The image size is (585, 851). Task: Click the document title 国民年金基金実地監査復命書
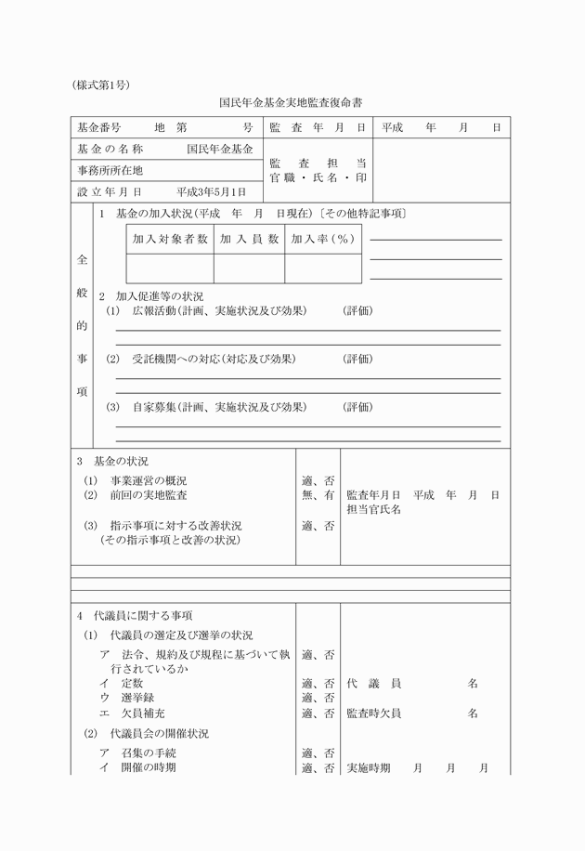click(291, 103)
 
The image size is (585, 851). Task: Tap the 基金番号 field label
click(98, 126)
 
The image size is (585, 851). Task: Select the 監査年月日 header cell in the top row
click(318, 126)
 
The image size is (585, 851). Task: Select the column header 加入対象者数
click(170, 239)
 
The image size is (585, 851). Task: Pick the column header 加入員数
click(249, 239)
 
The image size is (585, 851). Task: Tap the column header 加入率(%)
click(322, 239)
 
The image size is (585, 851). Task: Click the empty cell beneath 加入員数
click(249, 268)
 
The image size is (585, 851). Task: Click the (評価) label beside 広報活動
click(357, 310)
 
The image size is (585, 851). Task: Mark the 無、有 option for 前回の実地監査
click(318, 495)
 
